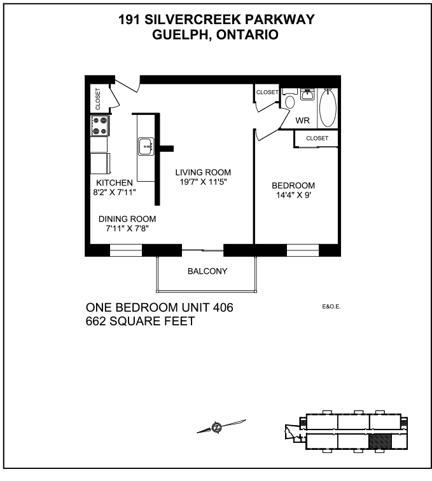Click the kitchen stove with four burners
tap(100, 126)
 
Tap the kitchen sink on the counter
tap(146, 146)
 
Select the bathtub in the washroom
tap(328, 107)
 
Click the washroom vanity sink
tap(307, 94)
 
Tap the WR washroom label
tap(302, 120)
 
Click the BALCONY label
tap(207, 271)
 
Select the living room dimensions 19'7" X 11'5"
tap(203, 182)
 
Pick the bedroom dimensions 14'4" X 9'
tap(294, 195)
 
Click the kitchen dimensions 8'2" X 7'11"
tap(115, 193)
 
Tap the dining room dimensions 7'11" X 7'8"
tap(127, 229)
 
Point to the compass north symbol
tap(217, 427)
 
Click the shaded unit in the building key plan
tap(380, 441)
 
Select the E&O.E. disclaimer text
tap(331, 306)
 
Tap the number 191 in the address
tap(129, 20)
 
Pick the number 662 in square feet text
tap(96, 321)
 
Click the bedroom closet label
tap(317, 139)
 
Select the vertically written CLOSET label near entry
tap(98, 98)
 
